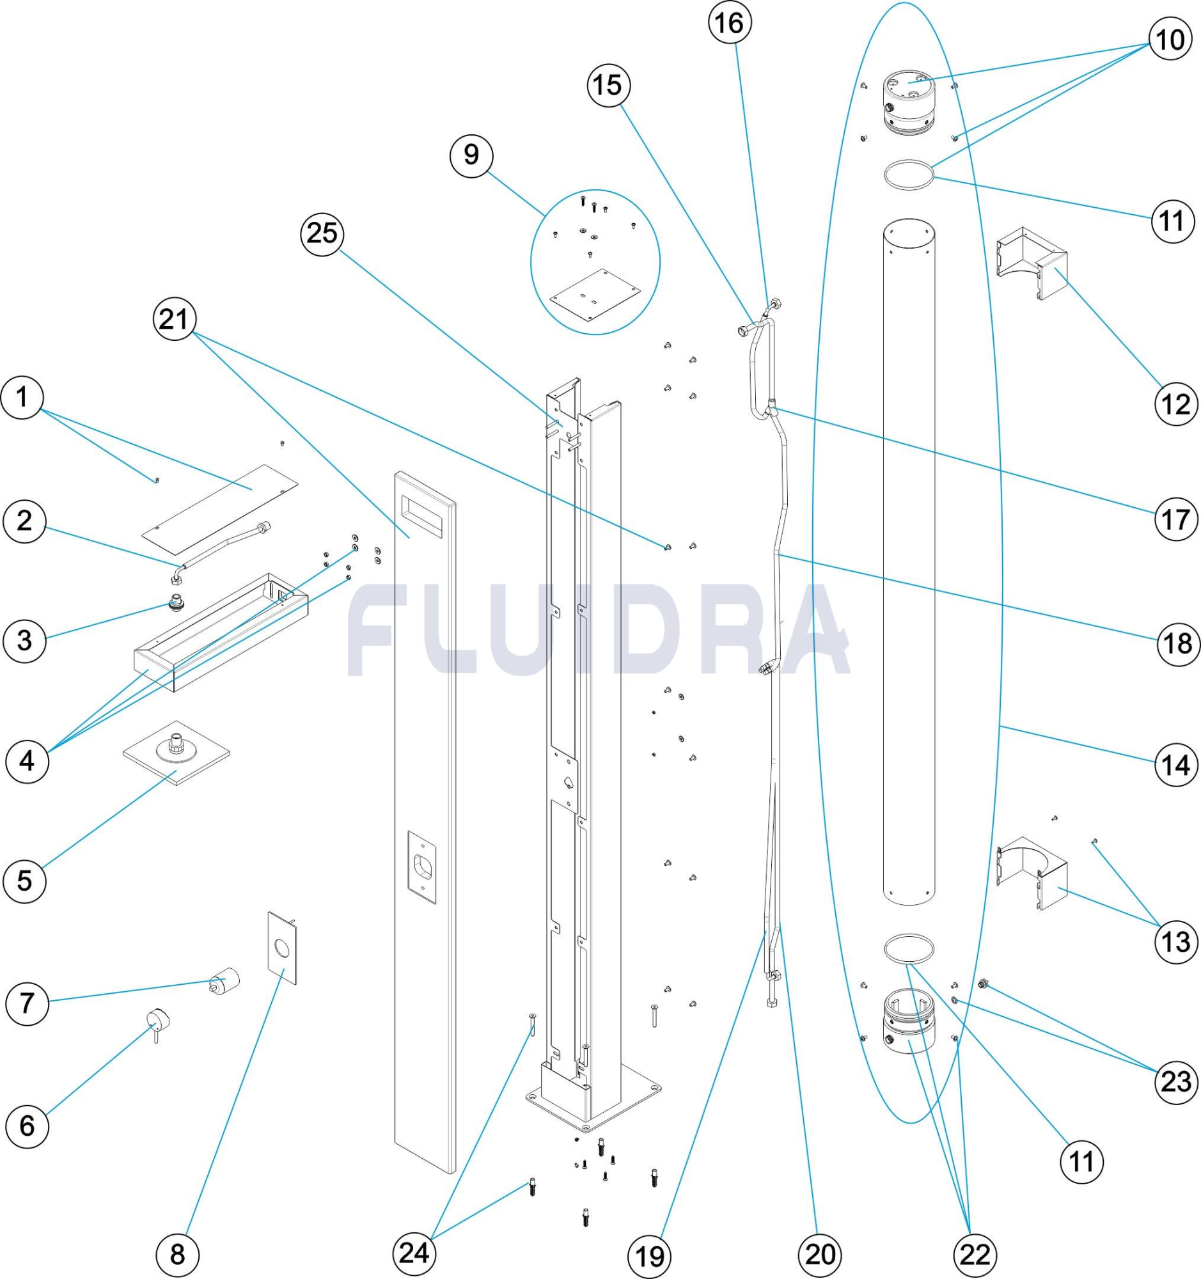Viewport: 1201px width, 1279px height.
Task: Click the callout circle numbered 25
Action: tap(322, 234)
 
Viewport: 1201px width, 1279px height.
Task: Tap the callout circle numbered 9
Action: tap(471, 155)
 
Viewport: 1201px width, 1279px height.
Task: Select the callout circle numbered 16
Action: tap(730, 23)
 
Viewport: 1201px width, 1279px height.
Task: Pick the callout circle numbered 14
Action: tap(1176, 765)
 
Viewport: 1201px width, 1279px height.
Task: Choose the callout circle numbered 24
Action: tap(414, 1253)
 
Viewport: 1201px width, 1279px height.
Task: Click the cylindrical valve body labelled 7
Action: tap(225, 980)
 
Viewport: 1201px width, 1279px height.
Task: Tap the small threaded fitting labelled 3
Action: tap(176, 603)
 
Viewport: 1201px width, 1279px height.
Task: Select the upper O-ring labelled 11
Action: tap(907, 175)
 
